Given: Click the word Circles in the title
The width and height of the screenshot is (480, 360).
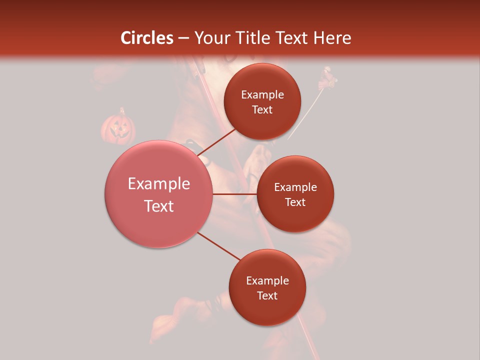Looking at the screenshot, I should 146,38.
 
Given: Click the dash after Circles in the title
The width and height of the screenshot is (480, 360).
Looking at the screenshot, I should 183,38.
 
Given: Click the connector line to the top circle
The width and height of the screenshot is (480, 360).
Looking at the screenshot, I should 218,142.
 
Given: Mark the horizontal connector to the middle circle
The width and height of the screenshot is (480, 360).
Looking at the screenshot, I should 235,194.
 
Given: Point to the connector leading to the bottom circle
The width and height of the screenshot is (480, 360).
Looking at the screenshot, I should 219,246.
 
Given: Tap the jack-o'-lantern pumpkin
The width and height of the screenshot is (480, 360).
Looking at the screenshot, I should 118,127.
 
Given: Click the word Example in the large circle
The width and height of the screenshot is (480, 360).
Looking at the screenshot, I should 159,184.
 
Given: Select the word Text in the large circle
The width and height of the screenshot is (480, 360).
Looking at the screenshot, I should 159,206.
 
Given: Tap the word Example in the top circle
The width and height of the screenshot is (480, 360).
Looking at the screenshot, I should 262,95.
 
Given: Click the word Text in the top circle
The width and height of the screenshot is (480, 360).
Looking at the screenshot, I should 262,110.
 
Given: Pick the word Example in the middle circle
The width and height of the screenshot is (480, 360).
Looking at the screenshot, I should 295,187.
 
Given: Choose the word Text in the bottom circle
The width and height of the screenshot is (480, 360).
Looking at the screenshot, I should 267,295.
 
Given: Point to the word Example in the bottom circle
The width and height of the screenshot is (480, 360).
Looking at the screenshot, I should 267,281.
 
